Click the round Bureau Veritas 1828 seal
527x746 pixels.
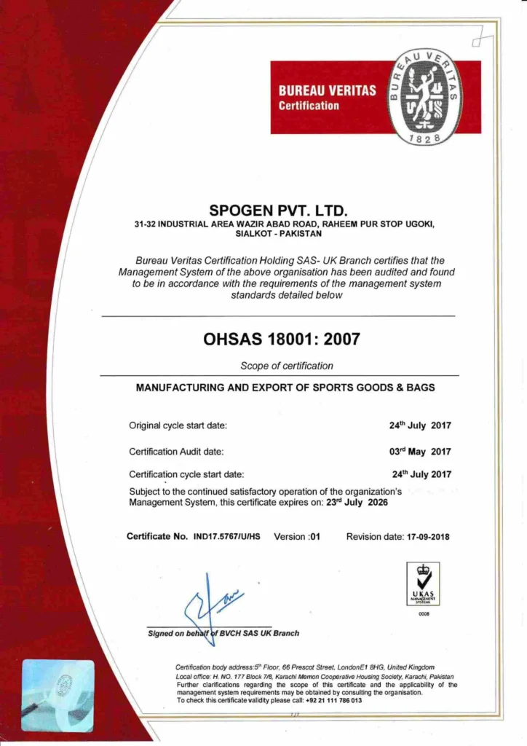424,98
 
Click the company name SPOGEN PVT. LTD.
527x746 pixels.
263,211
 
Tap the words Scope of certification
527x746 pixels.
287,366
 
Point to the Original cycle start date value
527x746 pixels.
420,425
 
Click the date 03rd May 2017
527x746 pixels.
420,452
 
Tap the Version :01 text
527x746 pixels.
297,537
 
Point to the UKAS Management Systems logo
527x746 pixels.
424,585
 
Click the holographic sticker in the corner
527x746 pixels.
58,695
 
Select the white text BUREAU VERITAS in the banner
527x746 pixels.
328,91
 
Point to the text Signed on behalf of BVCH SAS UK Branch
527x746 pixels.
223,633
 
